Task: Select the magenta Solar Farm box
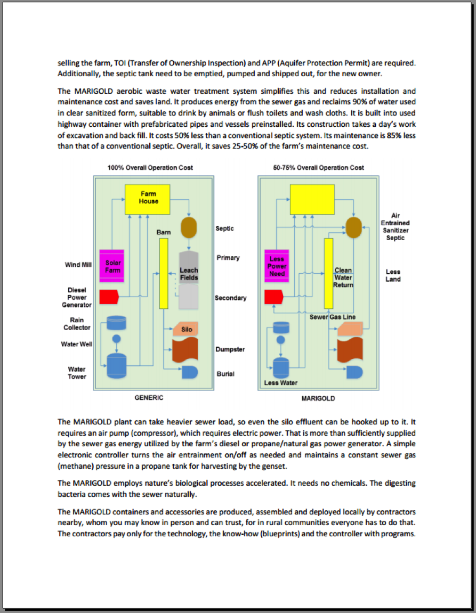[x=112, y=266]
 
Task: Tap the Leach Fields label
[x=189, y=274]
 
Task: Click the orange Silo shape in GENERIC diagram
[x=186, y=330]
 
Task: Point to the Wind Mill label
[x=78, y=265]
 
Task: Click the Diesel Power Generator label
[x=77, y=298]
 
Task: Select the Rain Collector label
[x=77, y=324]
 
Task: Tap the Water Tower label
[x=77, y=373]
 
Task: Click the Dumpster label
[x=230, y=349]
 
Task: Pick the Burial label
[x=225, y=374]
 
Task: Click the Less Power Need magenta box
[x=277, y=266]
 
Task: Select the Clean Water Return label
[x=343, y=277]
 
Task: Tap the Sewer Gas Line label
[x=333, y=317]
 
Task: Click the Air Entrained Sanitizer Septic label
[x=395, y=226]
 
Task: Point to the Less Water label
[x=281, y=383]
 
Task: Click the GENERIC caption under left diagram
[x=149, y=398]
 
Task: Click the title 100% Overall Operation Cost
[x=150, y=168]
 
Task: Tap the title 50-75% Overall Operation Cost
[x=318, y=168]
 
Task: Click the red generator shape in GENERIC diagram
[x=108, y=297]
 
